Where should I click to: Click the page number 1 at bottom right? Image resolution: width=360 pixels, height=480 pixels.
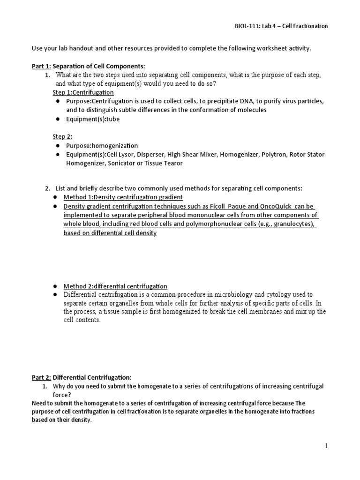pyautogui.click(x=326, y=446)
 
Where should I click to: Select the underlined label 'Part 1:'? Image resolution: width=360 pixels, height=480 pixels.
pyautogui.click(x=41, y=67)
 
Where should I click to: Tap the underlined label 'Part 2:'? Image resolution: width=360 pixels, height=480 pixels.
pyautogui.click(x=41, y=377)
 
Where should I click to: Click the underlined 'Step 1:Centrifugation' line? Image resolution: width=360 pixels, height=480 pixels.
pyautogui.click(x=83, y=92)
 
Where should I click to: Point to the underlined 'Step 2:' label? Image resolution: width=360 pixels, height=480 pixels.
pyautogui.click(x=63, y=136)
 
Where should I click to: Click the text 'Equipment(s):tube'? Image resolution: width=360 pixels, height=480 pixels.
pyautogui.click(x=93, y=119)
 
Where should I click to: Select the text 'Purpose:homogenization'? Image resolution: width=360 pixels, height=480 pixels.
pyautogui.click(x=102, y=146)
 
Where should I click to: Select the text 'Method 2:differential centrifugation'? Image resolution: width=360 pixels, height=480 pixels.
pyautogui.click(x=115, y=286)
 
